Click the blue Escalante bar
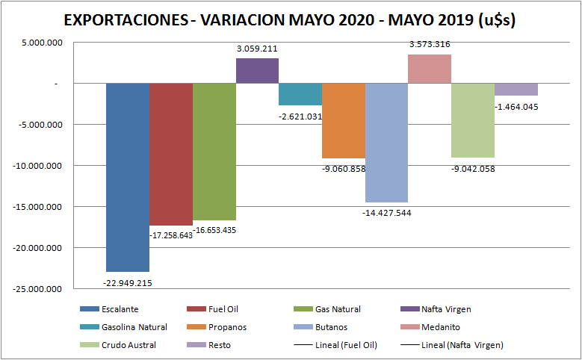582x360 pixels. [128, 177]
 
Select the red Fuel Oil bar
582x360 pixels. [171, 154]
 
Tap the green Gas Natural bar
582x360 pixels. [214, 152]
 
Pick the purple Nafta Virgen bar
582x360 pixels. [257, 70]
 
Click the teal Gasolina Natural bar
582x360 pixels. [300, 94]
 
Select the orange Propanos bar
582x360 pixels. [344, 120]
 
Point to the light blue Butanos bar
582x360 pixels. [386, 143]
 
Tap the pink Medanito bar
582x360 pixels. [430, 69]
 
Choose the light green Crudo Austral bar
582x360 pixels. [473, 120]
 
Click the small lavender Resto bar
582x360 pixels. [516, 90]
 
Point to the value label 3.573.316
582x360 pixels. [430, 45]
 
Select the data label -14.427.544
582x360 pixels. [386, 213]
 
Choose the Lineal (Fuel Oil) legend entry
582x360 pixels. [347, 345]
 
